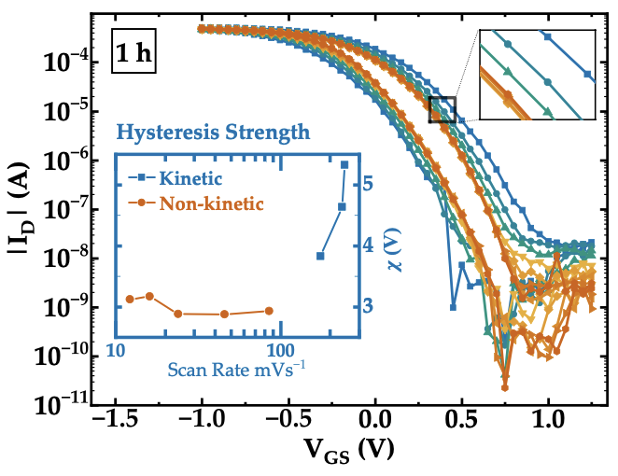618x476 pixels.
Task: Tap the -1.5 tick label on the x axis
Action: tap(115, 420)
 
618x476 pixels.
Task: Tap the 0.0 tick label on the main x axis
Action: tap(376, 420)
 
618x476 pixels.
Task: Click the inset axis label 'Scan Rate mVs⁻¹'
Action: tap(238, 369)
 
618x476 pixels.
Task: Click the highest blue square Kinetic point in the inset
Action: tap(344, 164)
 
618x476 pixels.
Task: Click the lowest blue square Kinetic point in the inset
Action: tap(320, 255)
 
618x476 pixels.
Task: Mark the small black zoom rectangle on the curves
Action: tap(442, 109)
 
